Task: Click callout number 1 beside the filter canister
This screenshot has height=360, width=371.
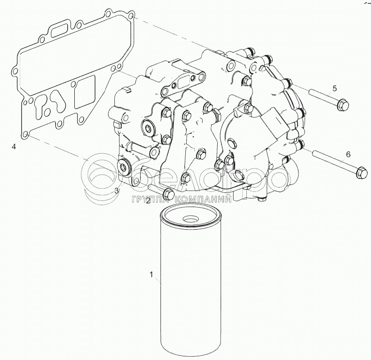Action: point(151,274)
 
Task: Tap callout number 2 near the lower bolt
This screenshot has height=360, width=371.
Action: point(148,201)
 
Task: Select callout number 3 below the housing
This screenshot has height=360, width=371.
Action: point(117,191)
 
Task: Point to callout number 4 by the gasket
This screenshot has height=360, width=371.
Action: point(14,147)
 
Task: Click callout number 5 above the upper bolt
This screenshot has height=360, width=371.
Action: point(334,88)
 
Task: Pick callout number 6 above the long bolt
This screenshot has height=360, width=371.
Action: point(348,154)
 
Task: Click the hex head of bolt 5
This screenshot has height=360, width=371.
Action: point(343,105)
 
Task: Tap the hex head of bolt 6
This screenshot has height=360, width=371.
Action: point(362,172)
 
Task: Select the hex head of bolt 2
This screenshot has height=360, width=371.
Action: point(168,194)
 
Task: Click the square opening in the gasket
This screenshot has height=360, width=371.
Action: point(85,92)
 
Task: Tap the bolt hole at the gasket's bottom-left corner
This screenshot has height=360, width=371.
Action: point(25,135)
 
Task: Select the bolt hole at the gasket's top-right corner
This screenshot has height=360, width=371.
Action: point(131,16)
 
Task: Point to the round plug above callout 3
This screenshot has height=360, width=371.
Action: point(124,167)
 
